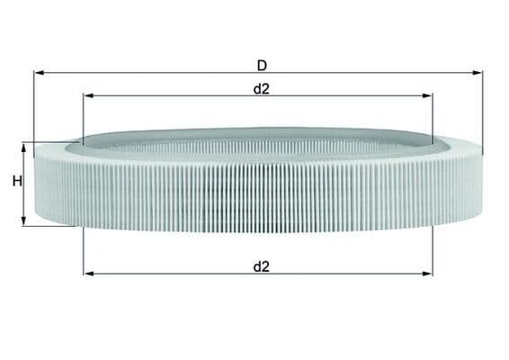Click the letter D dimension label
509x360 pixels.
point(262,66)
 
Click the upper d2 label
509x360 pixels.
point(262,89)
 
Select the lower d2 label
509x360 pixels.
point(262,266)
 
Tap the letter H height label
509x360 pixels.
point(17,181)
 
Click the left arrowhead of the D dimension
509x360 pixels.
point(39,73)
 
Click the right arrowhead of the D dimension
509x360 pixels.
point(478,73)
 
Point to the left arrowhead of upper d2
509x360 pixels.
point(88,95)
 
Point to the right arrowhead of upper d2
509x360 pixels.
point(427,95)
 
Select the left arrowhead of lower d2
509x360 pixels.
point(89,274)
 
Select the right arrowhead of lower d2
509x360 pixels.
point(427,274)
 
